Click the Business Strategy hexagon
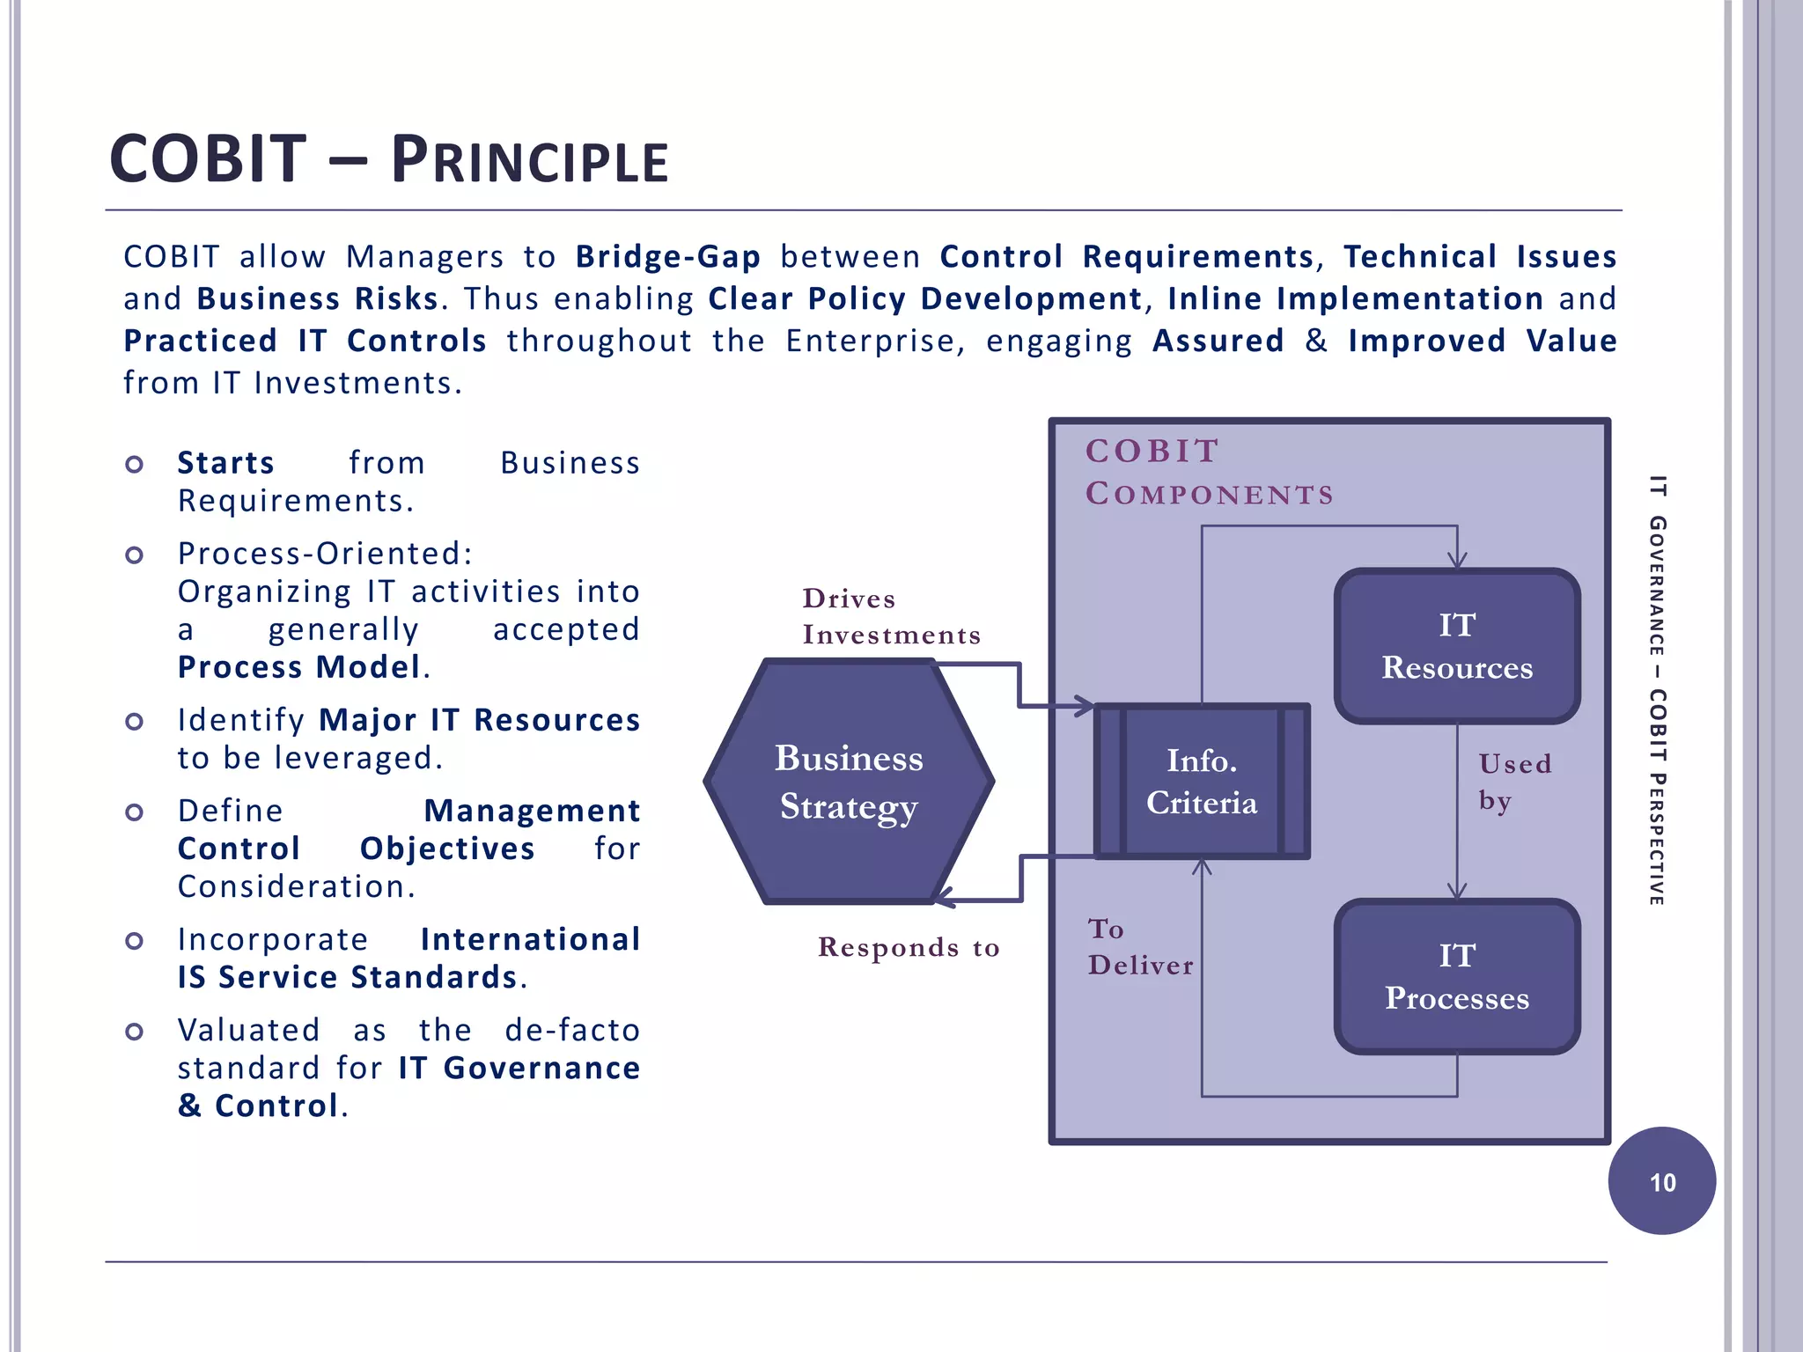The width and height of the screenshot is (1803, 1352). [849, 782]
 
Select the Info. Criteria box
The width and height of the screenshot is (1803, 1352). [1202, 782]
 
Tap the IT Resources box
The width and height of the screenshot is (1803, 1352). [1457, 646]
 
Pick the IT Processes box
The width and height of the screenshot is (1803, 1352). [1457, 976]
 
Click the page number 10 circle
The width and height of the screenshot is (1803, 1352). [1661, 1181]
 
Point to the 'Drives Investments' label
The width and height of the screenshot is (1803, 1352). [890, 616]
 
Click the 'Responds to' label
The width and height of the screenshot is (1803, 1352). [908, 947]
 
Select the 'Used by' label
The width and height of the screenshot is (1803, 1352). [1513, 782]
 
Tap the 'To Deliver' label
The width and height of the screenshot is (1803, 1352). [1140, 947]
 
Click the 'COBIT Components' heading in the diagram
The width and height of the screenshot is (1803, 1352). [1208, 472]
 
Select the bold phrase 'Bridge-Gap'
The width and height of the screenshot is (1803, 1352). [668, 256]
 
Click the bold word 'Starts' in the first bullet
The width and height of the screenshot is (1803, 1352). [226, 463]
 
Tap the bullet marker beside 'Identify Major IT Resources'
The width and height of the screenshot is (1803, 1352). [134, 722]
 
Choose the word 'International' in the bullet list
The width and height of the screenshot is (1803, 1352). [530, 939]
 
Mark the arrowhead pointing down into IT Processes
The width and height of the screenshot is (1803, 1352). [1457, 891]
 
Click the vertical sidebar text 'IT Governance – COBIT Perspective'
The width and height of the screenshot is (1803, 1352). [1658, 690]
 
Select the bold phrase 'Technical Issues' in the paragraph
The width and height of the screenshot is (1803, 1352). [1480, 256]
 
